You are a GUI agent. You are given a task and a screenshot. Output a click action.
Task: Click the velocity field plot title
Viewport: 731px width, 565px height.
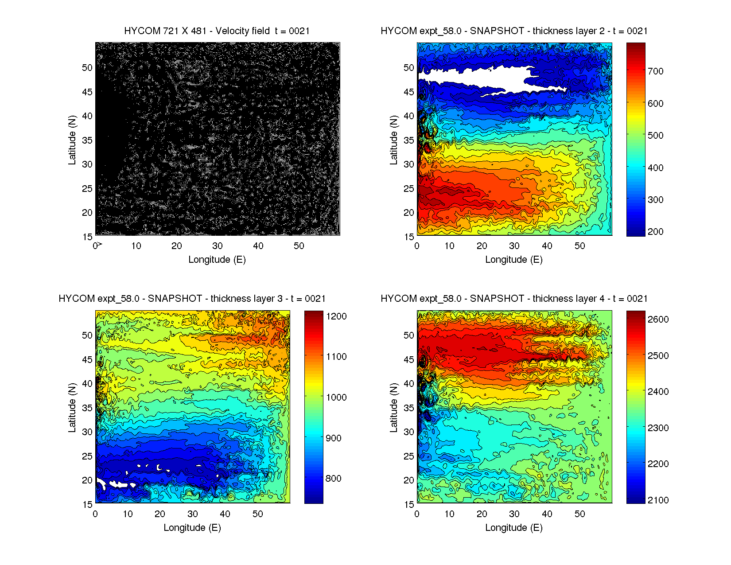click(x=217, y=31)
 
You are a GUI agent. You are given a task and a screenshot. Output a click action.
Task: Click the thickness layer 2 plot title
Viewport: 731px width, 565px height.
click(x=514, y=31)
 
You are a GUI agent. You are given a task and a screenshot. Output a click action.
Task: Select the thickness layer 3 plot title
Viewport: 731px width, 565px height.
click(x=192, y=299)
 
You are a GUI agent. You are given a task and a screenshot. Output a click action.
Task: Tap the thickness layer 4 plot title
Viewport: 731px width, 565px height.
click(x=514, y=299)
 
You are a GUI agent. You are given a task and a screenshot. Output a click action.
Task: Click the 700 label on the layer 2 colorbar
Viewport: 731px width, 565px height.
click(x=655, y=71)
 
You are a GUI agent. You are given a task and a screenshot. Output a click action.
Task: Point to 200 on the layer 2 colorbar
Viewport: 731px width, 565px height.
click(x=655, y=232)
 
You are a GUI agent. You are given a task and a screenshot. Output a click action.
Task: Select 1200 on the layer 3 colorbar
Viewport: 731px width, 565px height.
click(x=336, y=316)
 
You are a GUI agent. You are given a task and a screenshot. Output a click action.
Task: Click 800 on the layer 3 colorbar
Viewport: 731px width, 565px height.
click(x=333, y=479)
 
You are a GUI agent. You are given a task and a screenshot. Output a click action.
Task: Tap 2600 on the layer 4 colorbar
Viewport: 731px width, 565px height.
click(x=658, y=320)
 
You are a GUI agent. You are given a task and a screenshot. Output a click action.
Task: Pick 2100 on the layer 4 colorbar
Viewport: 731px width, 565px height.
click(x=658, y=500)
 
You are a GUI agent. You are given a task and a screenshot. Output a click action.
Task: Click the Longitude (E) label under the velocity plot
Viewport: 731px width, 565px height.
click(x=217, y=260)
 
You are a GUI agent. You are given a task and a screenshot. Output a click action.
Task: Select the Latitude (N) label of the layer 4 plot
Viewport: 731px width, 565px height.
click(x=393, y=408)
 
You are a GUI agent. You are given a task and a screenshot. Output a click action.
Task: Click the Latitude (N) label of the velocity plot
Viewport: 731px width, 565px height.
click(x=72, y=140)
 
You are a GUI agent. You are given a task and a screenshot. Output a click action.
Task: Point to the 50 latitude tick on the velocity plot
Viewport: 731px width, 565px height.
click(x=87, y=68)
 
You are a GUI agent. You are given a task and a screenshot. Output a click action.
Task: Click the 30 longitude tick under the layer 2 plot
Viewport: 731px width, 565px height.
click(x=514, y=246)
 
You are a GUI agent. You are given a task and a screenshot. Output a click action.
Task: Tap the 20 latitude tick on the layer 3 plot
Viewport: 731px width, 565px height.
click(x=87, y=480)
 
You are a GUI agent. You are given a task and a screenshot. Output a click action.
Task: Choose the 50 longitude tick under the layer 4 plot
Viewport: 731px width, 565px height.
click(x=579, y=514)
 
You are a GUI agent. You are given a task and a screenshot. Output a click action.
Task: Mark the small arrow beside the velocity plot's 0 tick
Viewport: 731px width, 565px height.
click(x=100, y=244)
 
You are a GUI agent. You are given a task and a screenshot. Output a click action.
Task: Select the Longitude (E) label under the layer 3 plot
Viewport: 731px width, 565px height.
click(x=192, y=528)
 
